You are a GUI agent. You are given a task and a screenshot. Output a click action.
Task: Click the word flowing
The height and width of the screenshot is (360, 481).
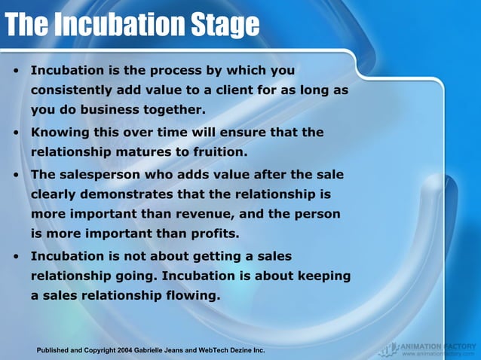coord(188,295)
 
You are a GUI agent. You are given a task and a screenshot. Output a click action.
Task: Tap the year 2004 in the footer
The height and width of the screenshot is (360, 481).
coord(126,350)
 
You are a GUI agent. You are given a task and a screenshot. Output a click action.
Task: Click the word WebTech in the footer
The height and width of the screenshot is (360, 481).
coord(217,350)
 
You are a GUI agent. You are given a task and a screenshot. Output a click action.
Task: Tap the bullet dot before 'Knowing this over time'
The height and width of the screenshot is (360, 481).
coord(16,133)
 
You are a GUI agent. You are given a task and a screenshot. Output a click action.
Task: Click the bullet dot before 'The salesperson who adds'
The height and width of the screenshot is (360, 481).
coord(16,175)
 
